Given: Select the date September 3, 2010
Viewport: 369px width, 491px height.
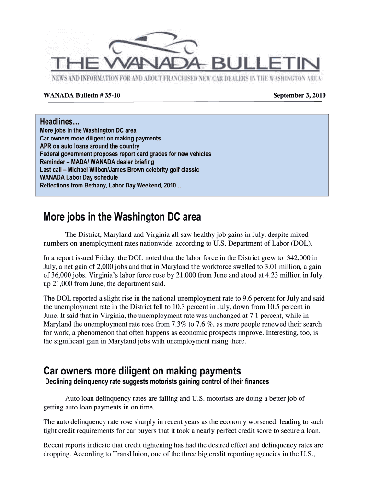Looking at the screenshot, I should pos(299,96).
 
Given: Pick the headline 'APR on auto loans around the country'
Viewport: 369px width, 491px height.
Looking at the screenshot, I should pos(89,146).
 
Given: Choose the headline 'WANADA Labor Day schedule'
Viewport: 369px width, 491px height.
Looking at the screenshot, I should pos(78,177).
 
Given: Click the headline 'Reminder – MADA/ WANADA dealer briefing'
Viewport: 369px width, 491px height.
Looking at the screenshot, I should pos(97,162).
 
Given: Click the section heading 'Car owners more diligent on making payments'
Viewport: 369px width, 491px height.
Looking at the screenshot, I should pos(142,372).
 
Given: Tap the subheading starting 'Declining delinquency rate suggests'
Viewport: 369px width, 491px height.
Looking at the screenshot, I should pos(157,382).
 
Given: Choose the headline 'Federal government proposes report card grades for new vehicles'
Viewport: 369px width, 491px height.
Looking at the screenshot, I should pos(125,154).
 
